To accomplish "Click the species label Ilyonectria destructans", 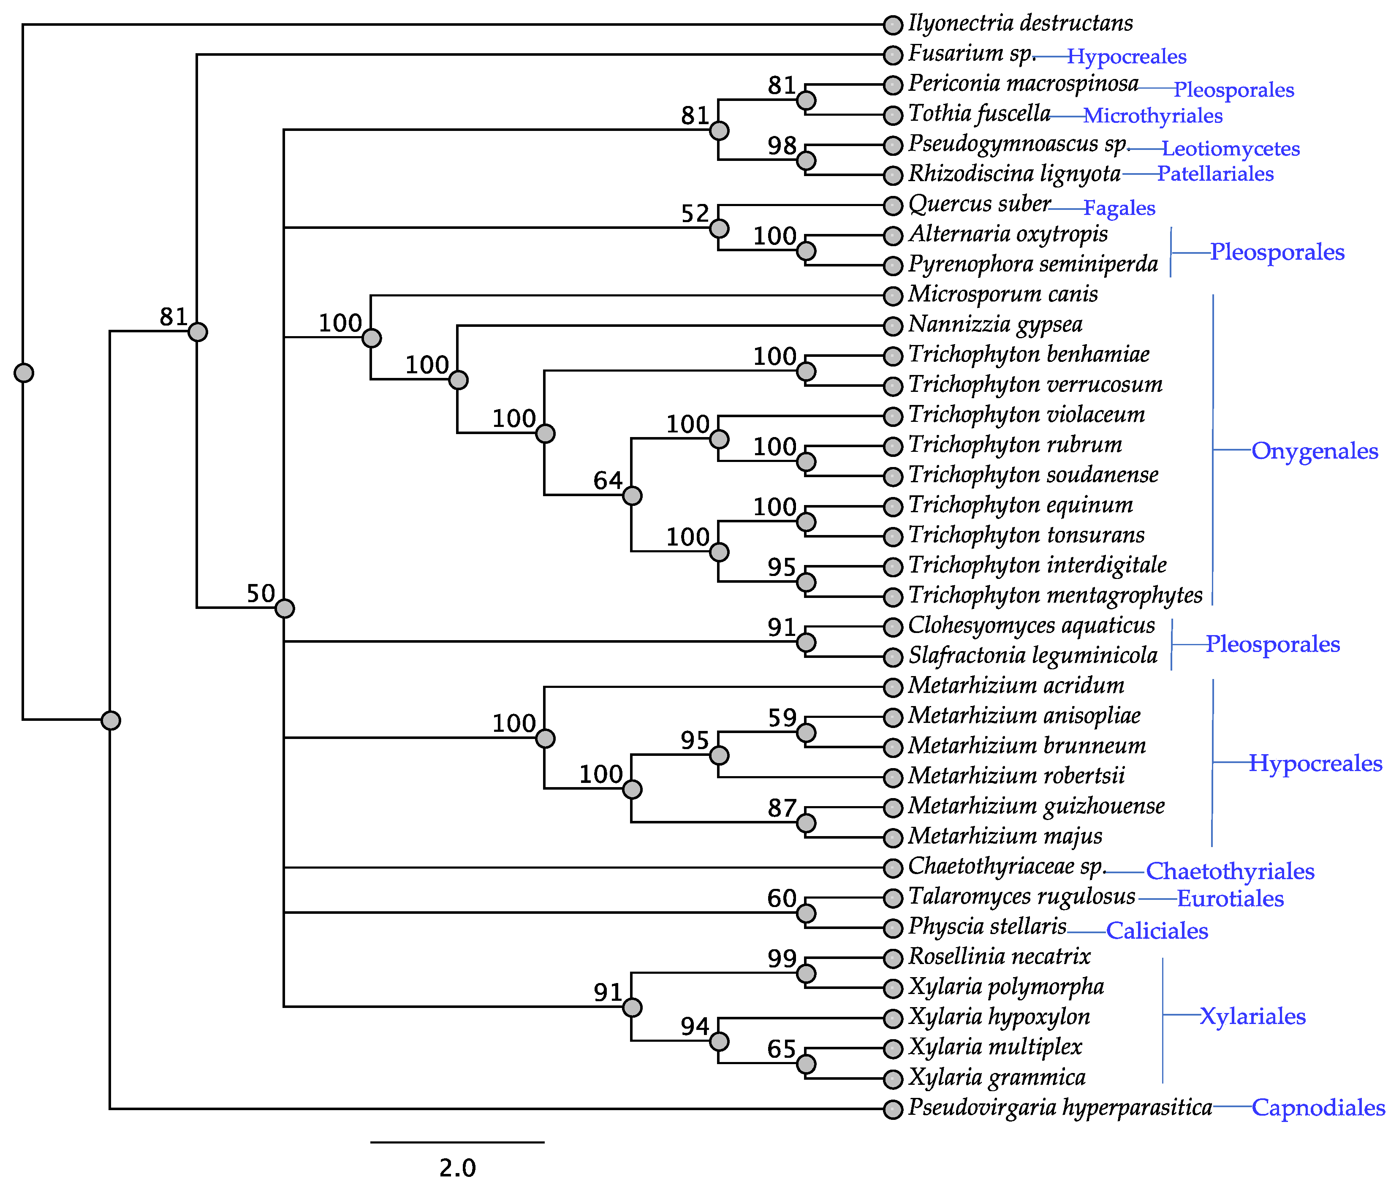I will point(1019,24).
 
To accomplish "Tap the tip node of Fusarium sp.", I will point(892,55).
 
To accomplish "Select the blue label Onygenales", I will point(1314,451).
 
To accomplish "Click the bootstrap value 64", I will point(608,481).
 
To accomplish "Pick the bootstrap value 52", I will point(695,213).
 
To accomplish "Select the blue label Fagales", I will point(1119,208).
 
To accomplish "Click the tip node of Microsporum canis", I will point(892,296).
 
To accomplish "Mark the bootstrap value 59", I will point(782,718).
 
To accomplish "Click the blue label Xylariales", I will point(1252,1016).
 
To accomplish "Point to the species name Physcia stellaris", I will point(987,926).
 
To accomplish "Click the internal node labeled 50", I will point(285,608).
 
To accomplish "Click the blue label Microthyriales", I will point(1153,116).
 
